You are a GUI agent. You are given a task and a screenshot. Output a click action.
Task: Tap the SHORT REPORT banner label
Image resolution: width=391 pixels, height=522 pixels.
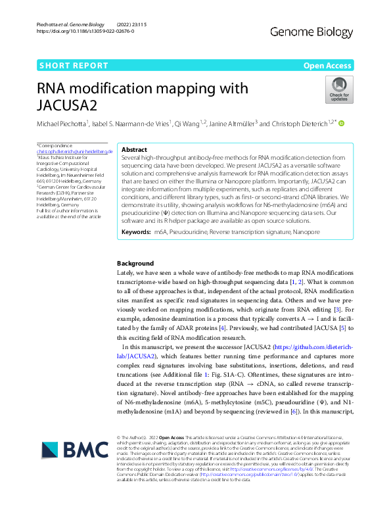tap(74, 66)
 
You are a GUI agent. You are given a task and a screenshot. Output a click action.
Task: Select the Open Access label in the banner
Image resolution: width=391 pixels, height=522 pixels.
tap(328, 66)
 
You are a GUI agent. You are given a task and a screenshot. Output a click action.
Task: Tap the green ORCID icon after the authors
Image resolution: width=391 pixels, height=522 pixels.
tap(342, 123)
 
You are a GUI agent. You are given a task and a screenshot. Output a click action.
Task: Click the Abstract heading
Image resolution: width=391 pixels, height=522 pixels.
tap(135, 150)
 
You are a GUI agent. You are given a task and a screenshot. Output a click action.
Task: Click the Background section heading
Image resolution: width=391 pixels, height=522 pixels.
tap(135, 263)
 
